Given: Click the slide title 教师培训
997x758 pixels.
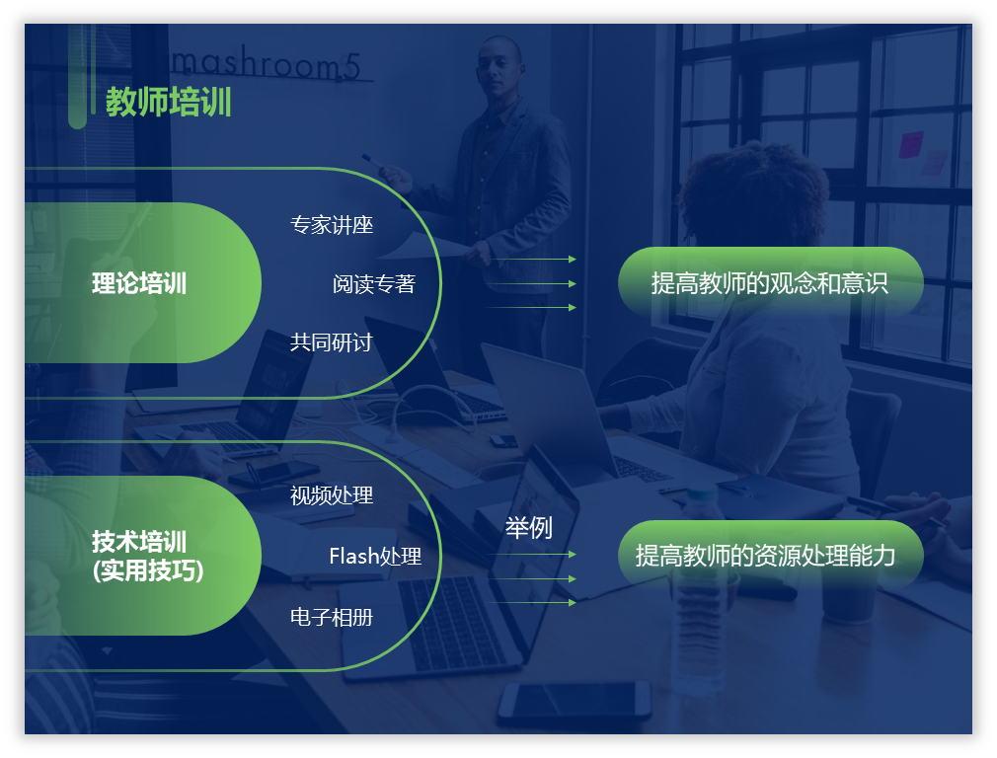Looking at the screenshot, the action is coord(169,102).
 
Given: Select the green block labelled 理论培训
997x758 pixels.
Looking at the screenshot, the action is coord(143,283).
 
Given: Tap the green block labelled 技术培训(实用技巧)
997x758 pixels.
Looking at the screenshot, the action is coord(143,556).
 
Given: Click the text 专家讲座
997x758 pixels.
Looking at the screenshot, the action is coord(332,224).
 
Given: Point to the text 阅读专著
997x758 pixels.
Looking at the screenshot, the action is coord(373,283).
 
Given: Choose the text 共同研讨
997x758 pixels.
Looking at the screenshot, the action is coord(332,342).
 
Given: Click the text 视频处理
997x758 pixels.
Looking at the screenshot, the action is coord(332,495).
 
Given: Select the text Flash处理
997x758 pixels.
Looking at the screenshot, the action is coord(375,557).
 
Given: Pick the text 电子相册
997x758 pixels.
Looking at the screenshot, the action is coord(332,617).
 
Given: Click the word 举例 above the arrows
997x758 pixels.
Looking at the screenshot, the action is coord(528,528).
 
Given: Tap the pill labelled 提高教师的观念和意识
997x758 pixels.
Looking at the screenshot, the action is coord(771,281).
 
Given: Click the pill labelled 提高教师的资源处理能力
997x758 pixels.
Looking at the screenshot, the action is coord(771,555).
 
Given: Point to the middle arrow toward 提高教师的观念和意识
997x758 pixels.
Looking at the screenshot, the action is coord(531,283).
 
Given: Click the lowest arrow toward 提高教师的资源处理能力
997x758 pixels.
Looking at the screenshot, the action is coord(531,602).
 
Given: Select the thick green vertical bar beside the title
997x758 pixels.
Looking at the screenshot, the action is coord(77,76).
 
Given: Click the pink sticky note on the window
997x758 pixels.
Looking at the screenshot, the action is coord(910,145).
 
